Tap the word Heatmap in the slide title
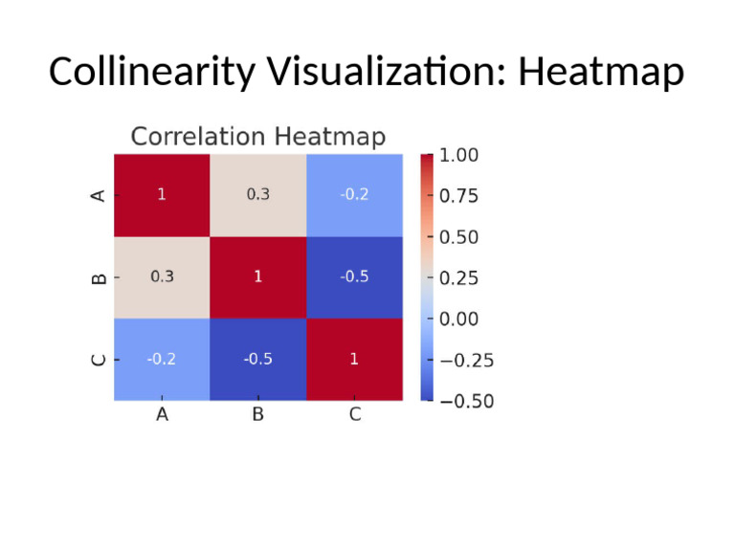601,73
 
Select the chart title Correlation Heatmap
257,137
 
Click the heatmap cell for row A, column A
162,194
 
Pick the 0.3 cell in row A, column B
257,194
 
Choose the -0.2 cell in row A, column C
354,194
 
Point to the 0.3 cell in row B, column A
162,276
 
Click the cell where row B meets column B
257,276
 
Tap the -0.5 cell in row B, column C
354,276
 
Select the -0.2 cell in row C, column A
162,359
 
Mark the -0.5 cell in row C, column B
257,359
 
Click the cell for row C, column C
354,359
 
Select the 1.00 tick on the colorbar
458,155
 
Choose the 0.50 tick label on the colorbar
458,237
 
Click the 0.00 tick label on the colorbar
458,319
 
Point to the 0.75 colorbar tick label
458,196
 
